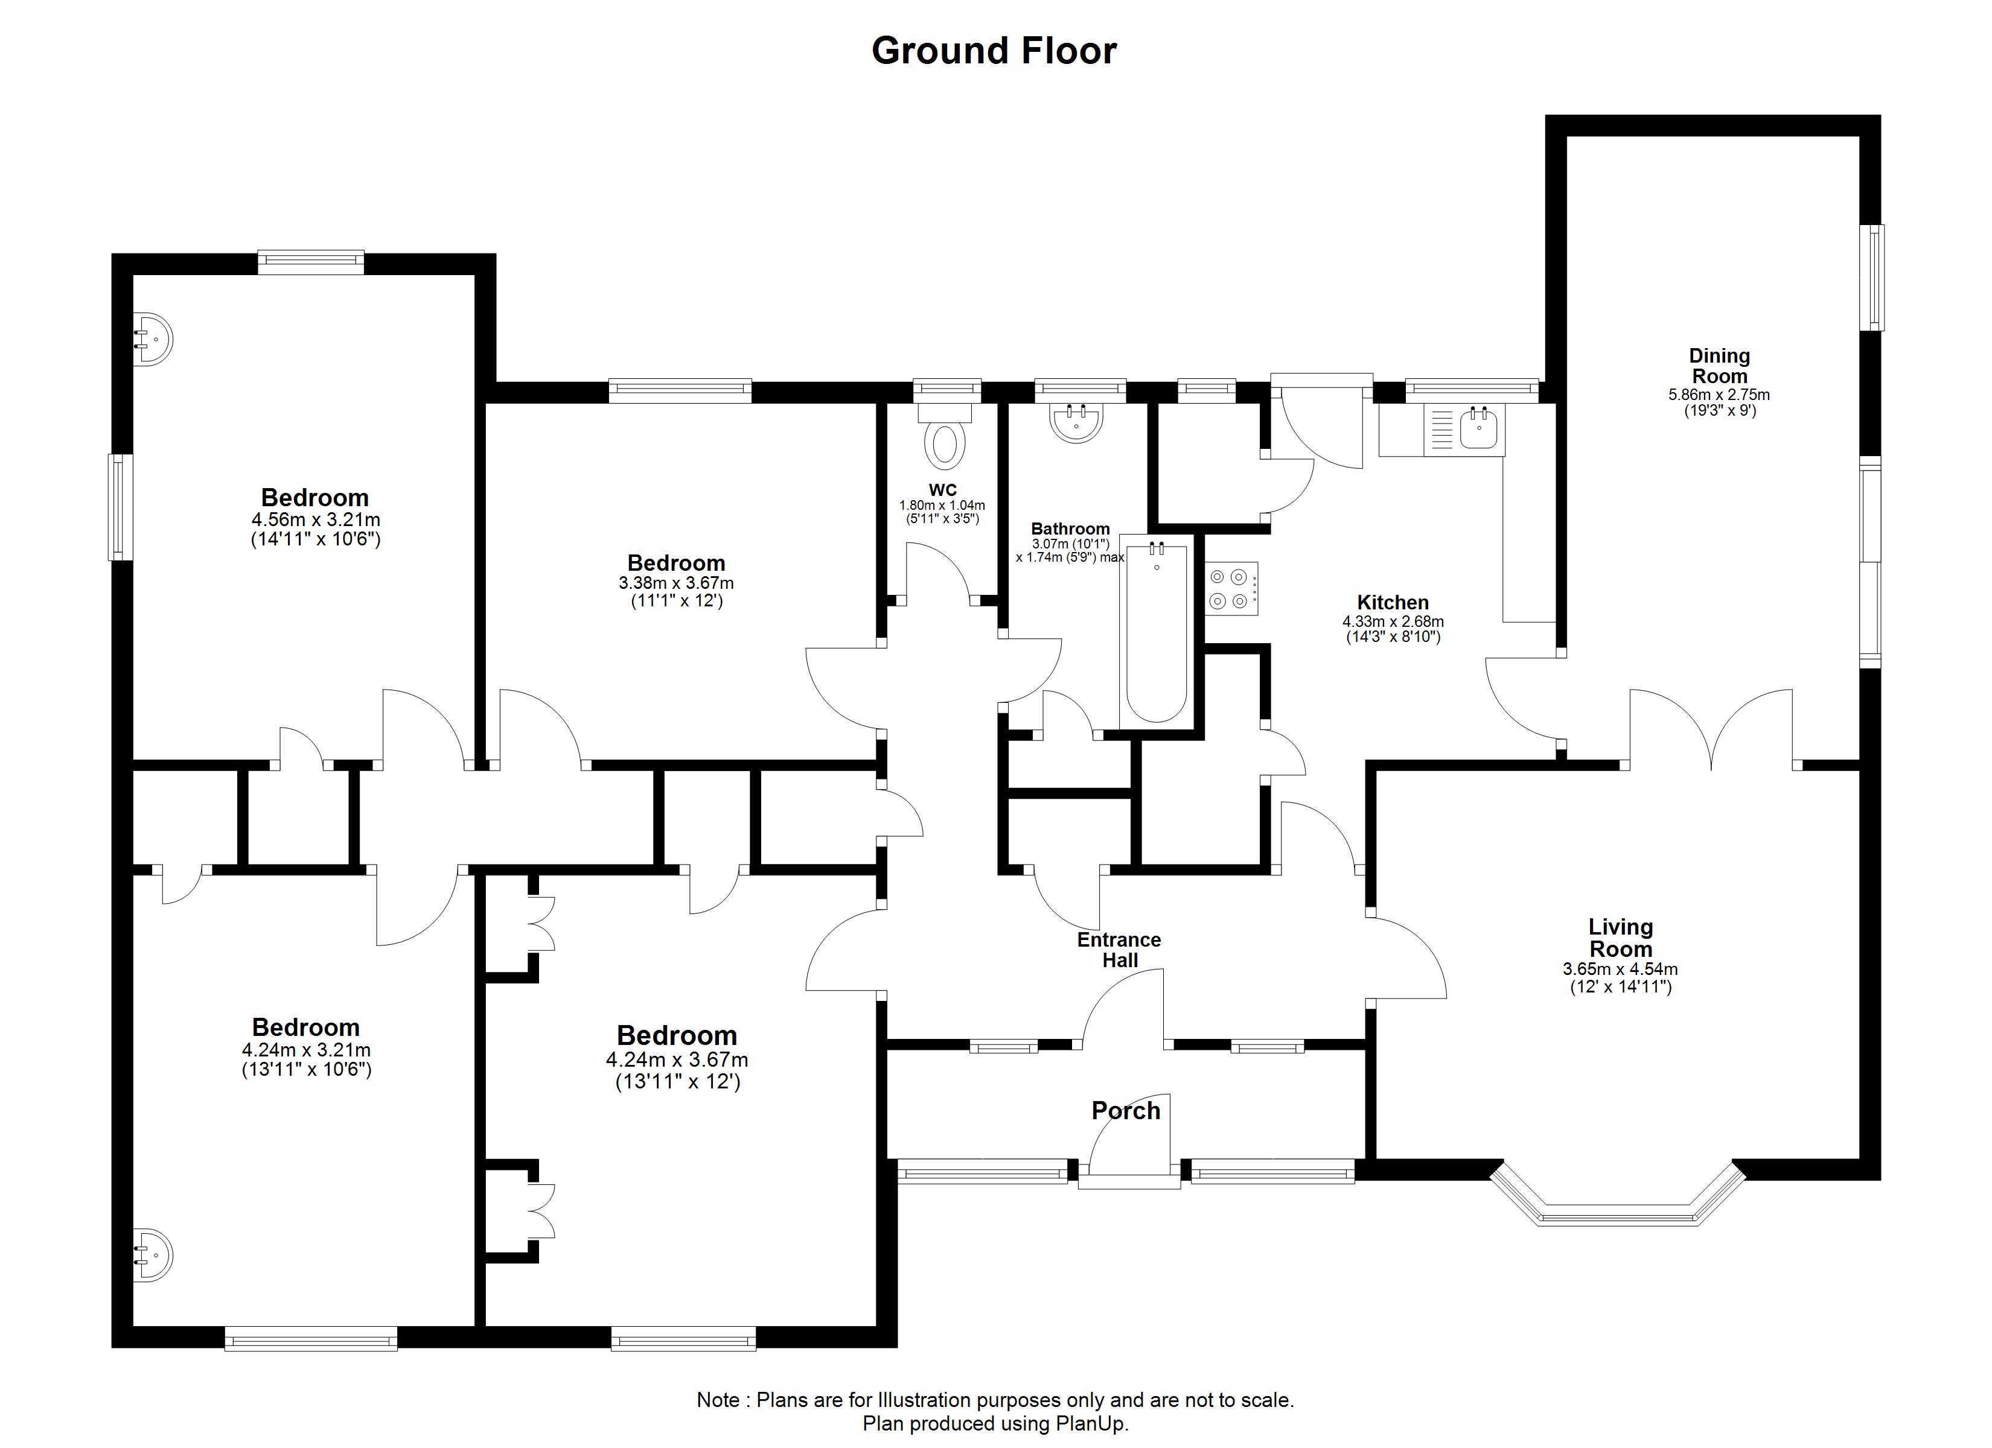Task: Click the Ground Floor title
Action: pos(994,51)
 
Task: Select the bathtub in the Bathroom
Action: pos(1157,632)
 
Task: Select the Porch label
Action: pos(1126,1111)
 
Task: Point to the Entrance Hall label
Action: pos(1120,950)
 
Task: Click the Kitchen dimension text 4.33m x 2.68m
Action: pos(1393,621)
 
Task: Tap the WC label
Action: pos(942,490)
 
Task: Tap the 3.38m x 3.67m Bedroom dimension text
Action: pos(676,583)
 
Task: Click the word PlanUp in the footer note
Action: pos(1094,1423)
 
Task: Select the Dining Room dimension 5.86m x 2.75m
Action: pos(1719,395)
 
